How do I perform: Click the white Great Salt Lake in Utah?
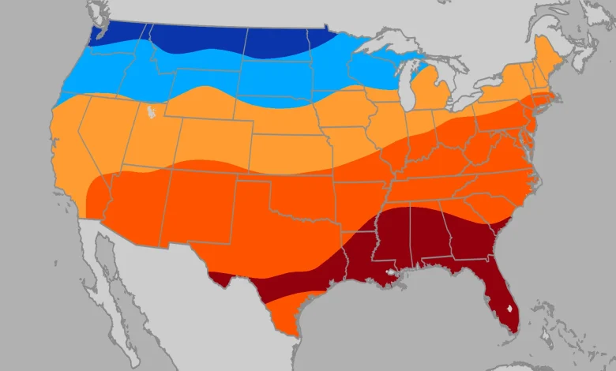149,111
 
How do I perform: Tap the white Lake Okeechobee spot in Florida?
512,310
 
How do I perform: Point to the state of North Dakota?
276,43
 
